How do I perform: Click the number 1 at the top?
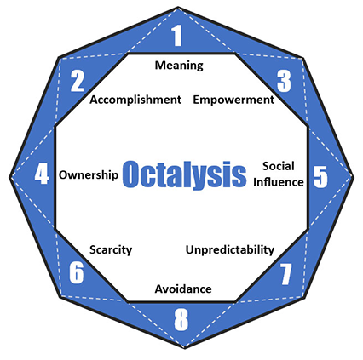177,36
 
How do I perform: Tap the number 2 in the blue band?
78,81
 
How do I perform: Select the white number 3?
284,81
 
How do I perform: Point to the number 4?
42,174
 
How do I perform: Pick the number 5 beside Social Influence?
320,177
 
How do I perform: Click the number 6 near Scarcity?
77,272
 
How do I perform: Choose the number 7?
285,274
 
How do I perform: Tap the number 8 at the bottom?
181,320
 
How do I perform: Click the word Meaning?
179,66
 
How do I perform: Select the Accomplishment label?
135,100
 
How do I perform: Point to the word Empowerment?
233,100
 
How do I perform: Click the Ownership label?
89,175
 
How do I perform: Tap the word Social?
279,166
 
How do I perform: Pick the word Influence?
279,182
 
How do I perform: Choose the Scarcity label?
111,250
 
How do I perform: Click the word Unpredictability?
230,250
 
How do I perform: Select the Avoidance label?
183,289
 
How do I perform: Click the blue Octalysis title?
184,174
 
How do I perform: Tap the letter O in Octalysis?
131,174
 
